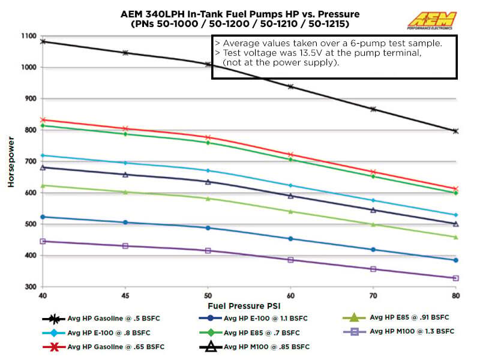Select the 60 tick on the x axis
pos(291,296)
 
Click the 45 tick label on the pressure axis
pos(125,296)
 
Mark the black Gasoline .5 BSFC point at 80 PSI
pos(455,131)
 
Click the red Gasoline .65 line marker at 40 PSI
pos(42,120)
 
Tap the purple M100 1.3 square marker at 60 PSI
pos(291,260)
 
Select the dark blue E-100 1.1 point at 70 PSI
pos(373,250)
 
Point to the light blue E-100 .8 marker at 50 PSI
pos(208,171)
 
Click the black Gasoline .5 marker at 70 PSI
pos(373,109)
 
